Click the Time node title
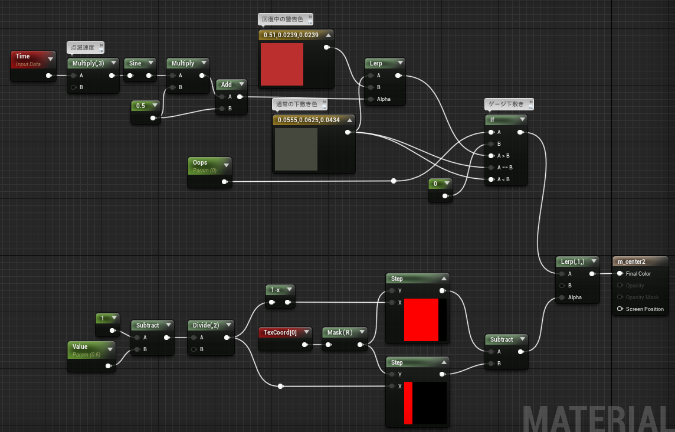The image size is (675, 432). (x=23, y=56)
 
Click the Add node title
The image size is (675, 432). (x=227, y=84)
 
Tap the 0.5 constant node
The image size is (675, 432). (x=146, y=111)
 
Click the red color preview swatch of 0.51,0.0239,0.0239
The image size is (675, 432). (x=282, y=64)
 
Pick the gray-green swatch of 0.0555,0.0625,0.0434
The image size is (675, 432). (x=296, y=149)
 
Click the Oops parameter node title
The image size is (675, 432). (x=200, y=162)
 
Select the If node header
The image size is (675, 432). (x=506, y=120)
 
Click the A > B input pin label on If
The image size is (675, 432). (x=503, y=155)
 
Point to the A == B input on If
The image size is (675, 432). (x=504, y=168)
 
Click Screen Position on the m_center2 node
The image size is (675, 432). (x=644, y=309)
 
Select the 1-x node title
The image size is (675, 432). (x=276, y=290)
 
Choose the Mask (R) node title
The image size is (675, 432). (x=340, y=332)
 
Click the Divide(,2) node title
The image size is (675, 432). (x=206, y=325)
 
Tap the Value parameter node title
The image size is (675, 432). (x=80, y=346)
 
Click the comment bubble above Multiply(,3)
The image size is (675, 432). (x=85, y=48)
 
